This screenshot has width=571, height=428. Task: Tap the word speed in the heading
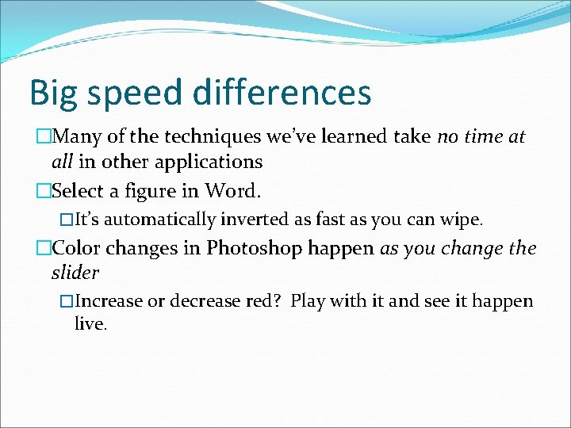[136, 94]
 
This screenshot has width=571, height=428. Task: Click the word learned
[351, 137]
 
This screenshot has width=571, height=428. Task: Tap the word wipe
[463, 220]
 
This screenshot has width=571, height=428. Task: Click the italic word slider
[75, 273]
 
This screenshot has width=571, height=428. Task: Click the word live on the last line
[90, 324]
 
